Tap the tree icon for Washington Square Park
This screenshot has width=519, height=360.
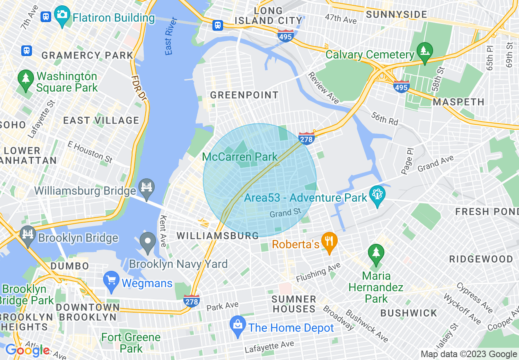pos(26,79)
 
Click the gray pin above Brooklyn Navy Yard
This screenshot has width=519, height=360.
pos(148,242)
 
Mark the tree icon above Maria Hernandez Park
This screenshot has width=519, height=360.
pos(376,253)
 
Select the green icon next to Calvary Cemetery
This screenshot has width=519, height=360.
pos(424,52)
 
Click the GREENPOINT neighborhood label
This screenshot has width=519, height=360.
pos(244,95)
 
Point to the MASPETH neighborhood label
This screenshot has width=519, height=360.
pos(458,102)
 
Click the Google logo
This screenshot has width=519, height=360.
pos(27,350)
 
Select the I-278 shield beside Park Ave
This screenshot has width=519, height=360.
pos(191,301)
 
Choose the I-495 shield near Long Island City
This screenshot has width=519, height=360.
pos(285,36)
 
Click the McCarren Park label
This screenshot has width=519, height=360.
pos(240,157)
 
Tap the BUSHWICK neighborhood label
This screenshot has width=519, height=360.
pos(409,313)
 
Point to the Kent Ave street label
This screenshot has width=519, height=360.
pos(163,231)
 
